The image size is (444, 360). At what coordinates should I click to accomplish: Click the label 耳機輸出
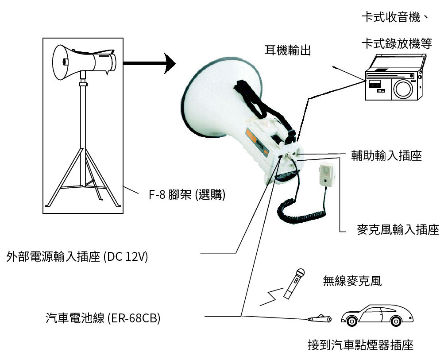coord(288,50)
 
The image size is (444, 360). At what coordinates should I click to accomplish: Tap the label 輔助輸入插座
coord(386,155)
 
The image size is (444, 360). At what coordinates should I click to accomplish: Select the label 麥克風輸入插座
coord(398,229)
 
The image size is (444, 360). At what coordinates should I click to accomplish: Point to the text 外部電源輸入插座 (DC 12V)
coord(77,257)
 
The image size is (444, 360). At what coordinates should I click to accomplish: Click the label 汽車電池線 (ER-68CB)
coord(103,318)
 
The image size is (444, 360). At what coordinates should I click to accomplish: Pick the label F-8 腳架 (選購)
coord(187,194)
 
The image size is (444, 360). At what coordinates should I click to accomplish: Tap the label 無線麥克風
coord(352,281)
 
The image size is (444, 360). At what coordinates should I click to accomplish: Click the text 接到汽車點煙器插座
coord(360,345)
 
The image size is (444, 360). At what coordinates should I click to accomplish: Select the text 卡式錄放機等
coord(397,44)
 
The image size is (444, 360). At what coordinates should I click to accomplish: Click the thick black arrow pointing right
coord(149,63)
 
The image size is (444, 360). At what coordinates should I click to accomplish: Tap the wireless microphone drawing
coord(294,284)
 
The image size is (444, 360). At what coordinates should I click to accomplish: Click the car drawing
coord(377,316)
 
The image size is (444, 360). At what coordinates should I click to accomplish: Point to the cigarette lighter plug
coord(320,319)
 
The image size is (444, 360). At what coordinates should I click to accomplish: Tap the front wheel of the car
coord(351,321)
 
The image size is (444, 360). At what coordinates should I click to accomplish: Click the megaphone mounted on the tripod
coord(84,62)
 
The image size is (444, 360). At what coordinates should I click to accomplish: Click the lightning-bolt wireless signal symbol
coord(271,297)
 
